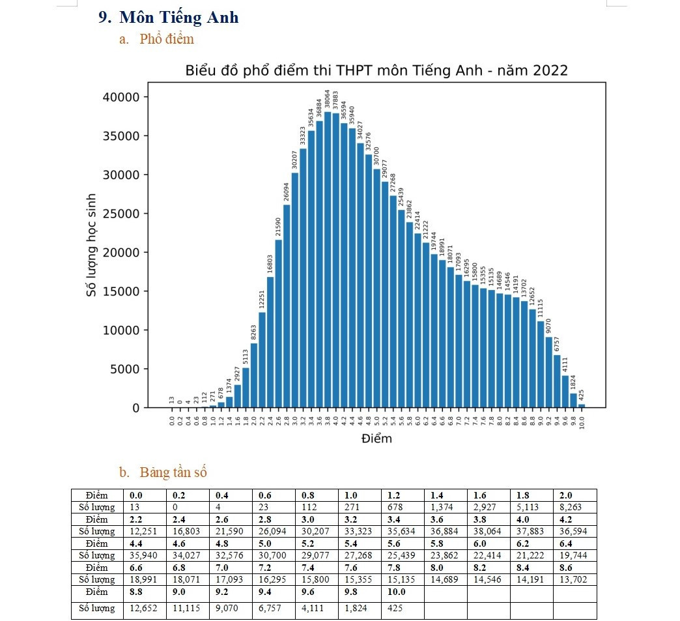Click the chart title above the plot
point(376,70)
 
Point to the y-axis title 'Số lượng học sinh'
point(92,246)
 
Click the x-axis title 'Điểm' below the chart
point(376,439)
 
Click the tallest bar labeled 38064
point(328,261)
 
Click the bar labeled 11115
point(541,364)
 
